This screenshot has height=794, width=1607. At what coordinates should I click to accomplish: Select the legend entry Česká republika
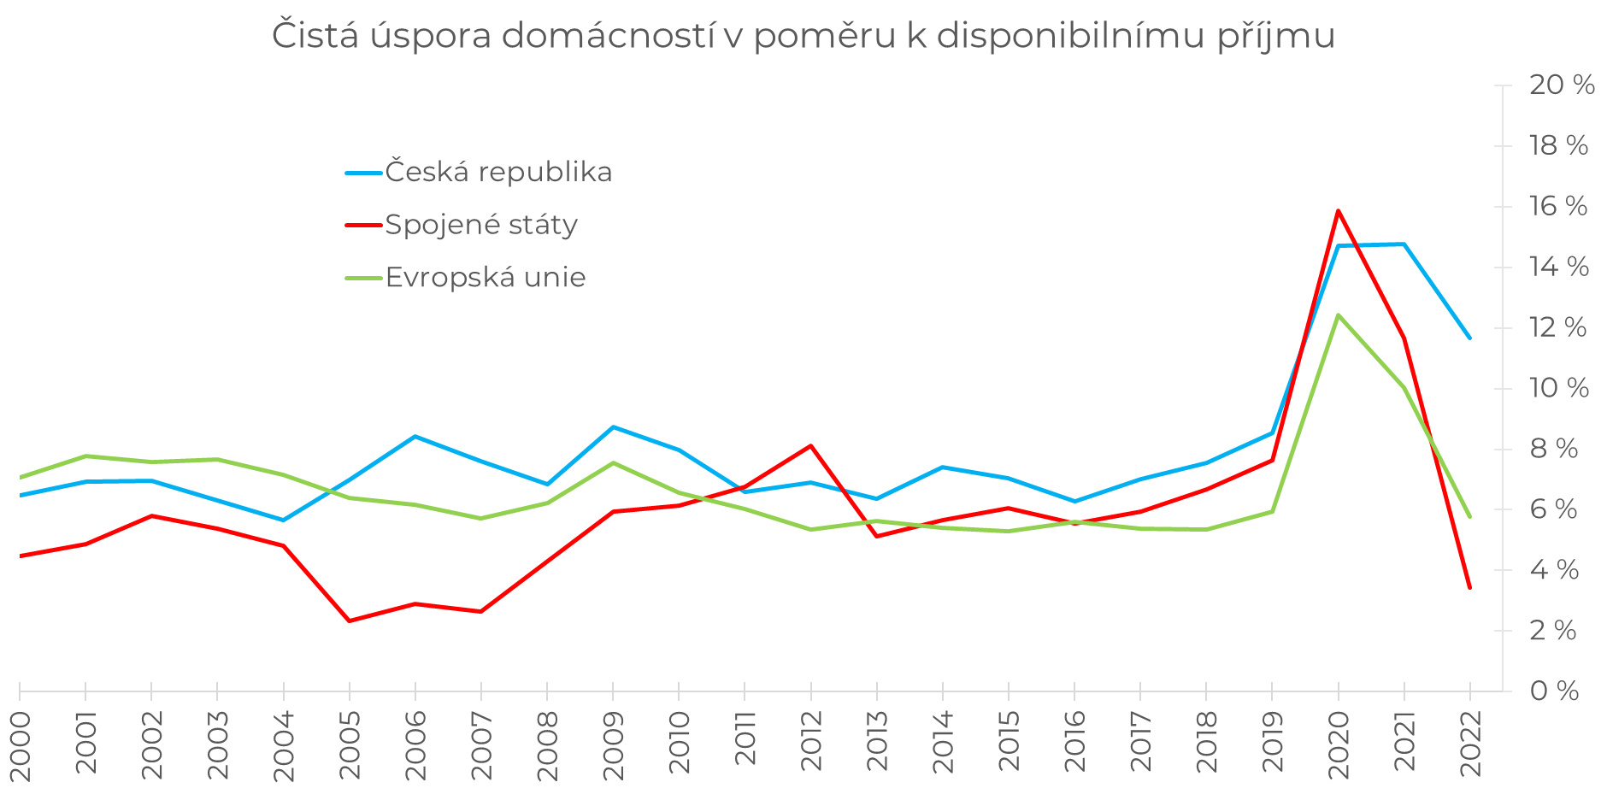[498, 173]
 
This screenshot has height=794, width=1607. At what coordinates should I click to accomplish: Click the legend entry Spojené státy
[481, 225]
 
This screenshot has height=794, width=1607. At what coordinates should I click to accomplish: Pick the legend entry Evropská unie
[486, 278]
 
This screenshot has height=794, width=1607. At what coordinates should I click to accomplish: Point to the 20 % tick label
[1562, 85]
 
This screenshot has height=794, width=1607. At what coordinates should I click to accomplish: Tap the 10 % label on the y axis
[1559, 388]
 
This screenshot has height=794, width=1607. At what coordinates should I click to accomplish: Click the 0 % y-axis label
[1554, 691]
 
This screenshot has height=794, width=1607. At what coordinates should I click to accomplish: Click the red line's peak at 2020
[1338, 210]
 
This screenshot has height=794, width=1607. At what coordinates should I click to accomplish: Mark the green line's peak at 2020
[1338, 315]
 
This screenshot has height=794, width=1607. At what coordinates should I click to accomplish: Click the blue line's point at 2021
[1404, 244]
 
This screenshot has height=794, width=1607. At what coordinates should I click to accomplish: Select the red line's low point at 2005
[349, 620]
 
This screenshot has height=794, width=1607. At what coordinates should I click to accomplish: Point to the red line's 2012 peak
[810, 445]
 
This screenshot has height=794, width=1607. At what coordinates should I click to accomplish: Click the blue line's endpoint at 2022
[1469, 338]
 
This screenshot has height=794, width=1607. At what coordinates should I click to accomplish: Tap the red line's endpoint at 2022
[1469, 587]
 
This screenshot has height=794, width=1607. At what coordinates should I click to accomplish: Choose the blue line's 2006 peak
[415, 437]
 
